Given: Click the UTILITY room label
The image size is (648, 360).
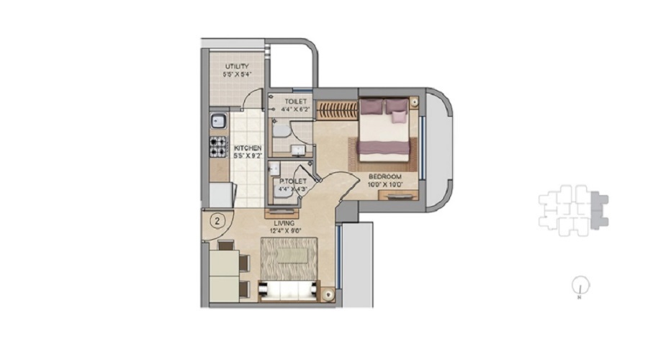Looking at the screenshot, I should tap(236, 66).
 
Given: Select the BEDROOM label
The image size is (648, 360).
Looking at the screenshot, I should tap(384, 176).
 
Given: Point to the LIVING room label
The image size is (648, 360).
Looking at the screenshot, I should tap(284, 223).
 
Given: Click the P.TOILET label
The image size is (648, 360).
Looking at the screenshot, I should tap(292, 181).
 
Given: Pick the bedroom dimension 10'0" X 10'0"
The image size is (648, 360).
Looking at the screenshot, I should tap(384, 184).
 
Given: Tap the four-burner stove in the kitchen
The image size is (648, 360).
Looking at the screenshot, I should tap(218, 147).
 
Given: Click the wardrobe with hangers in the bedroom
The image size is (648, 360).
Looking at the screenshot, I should tap(337, 110).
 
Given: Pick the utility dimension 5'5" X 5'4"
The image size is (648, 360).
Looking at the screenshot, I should tap(236, 73).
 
